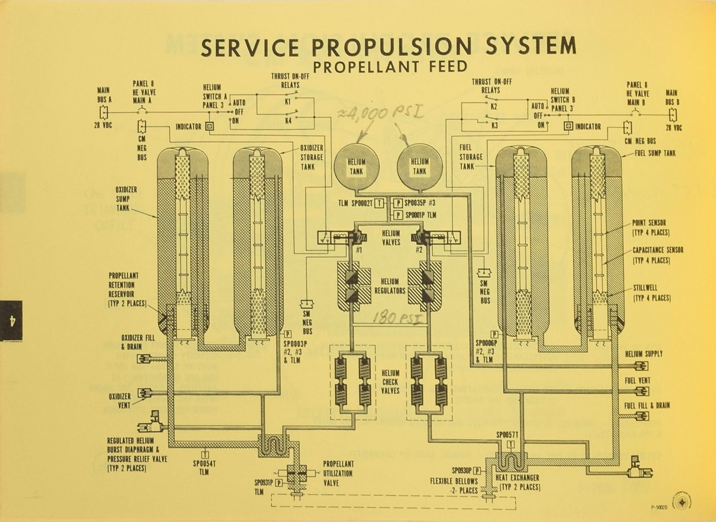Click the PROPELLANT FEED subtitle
pos(390,66)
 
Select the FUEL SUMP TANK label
pos(655,153)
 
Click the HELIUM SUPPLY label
pos(644,353)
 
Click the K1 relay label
pos(288,102)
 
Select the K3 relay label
pos(494,125)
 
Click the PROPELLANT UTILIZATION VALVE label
pos(338,473)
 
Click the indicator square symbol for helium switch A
pos(210,126)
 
